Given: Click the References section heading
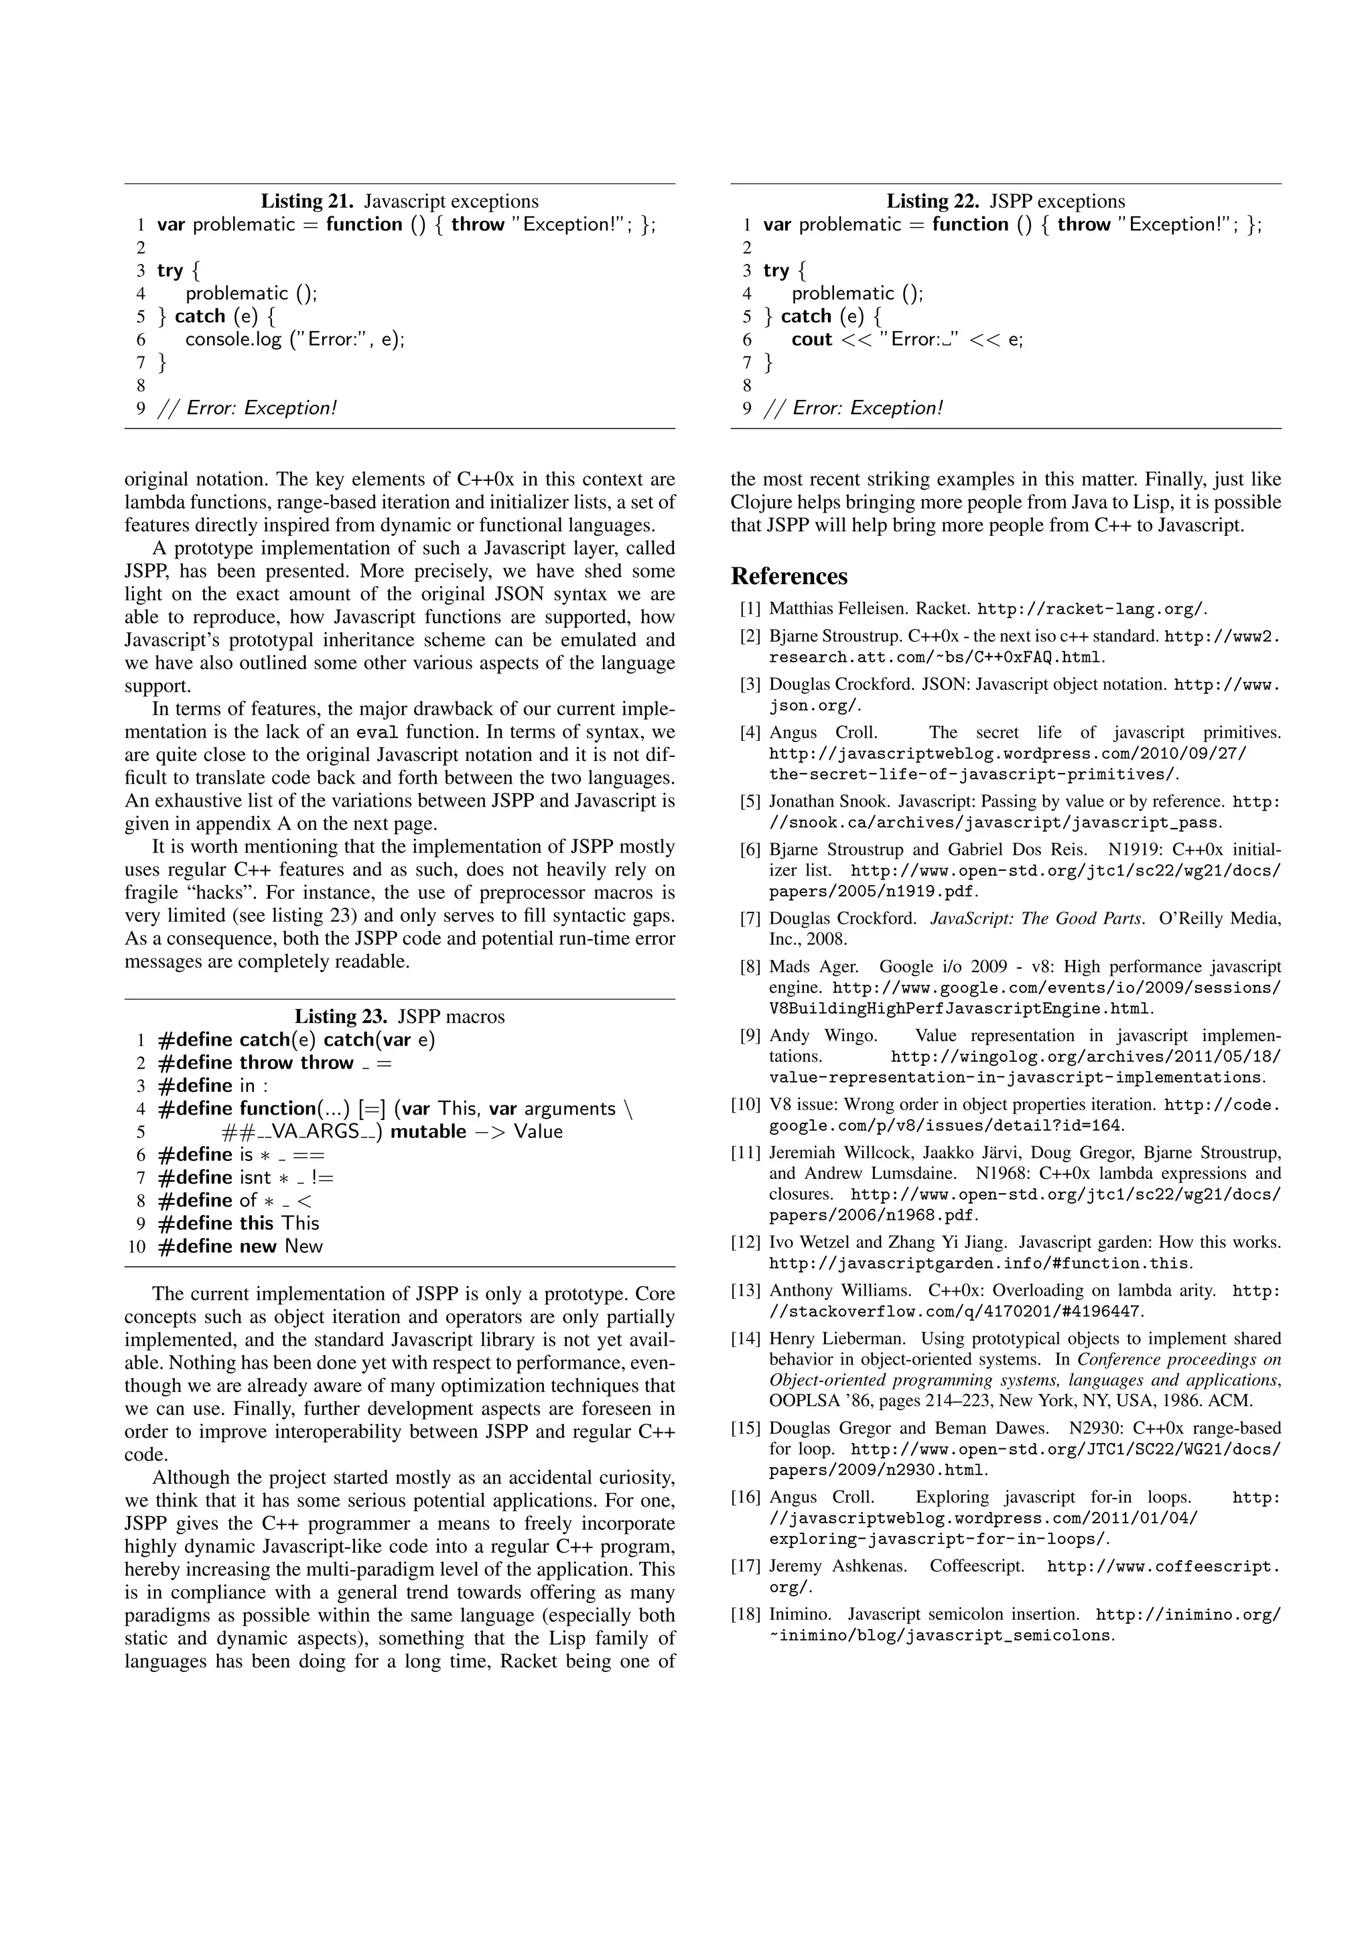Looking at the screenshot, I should pyautogui.click(x=788, y=576).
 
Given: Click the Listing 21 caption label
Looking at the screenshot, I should pyautogui.click(x=307, y=201).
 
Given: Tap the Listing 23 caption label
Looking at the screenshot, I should pyautogui.click(x=340, y=1016).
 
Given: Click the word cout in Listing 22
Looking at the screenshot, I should pyautogui.click(x=811, y=340).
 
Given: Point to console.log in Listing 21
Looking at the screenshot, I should pyautogui.click(x=233, y=340).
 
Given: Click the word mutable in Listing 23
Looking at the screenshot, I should pyautogui.click(x=427, y=1132).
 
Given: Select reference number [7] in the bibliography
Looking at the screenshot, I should pyautogui.click(x=750, y=918).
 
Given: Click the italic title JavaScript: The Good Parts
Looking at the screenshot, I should pyautogui.click(x=1038, y=918).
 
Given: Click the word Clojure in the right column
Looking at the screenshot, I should pyautogui.click(x=760, y=502).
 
